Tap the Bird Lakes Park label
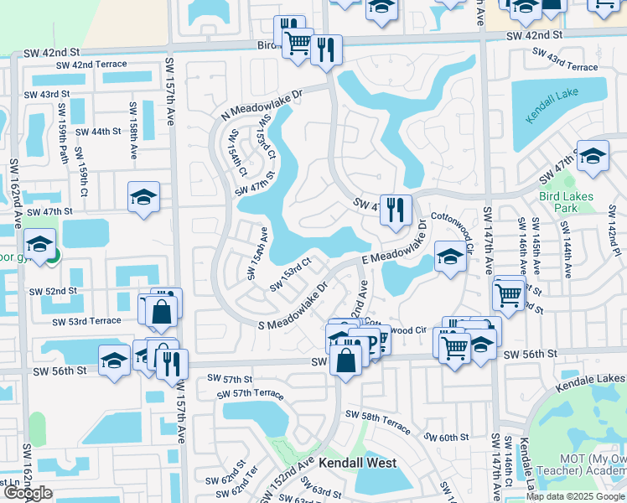click(567, 202)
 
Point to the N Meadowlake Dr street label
click(260, 105)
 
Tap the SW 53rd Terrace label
click(86, 321)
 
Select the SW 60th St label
click(445, 437)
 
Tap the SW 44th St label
click(98, 132)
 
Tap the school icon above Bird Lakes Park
click(593, 157)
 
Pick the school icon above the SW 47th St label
click(143, 197)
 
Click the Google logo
click(27, 493)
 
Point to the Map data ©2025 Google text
click(576, 496)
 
